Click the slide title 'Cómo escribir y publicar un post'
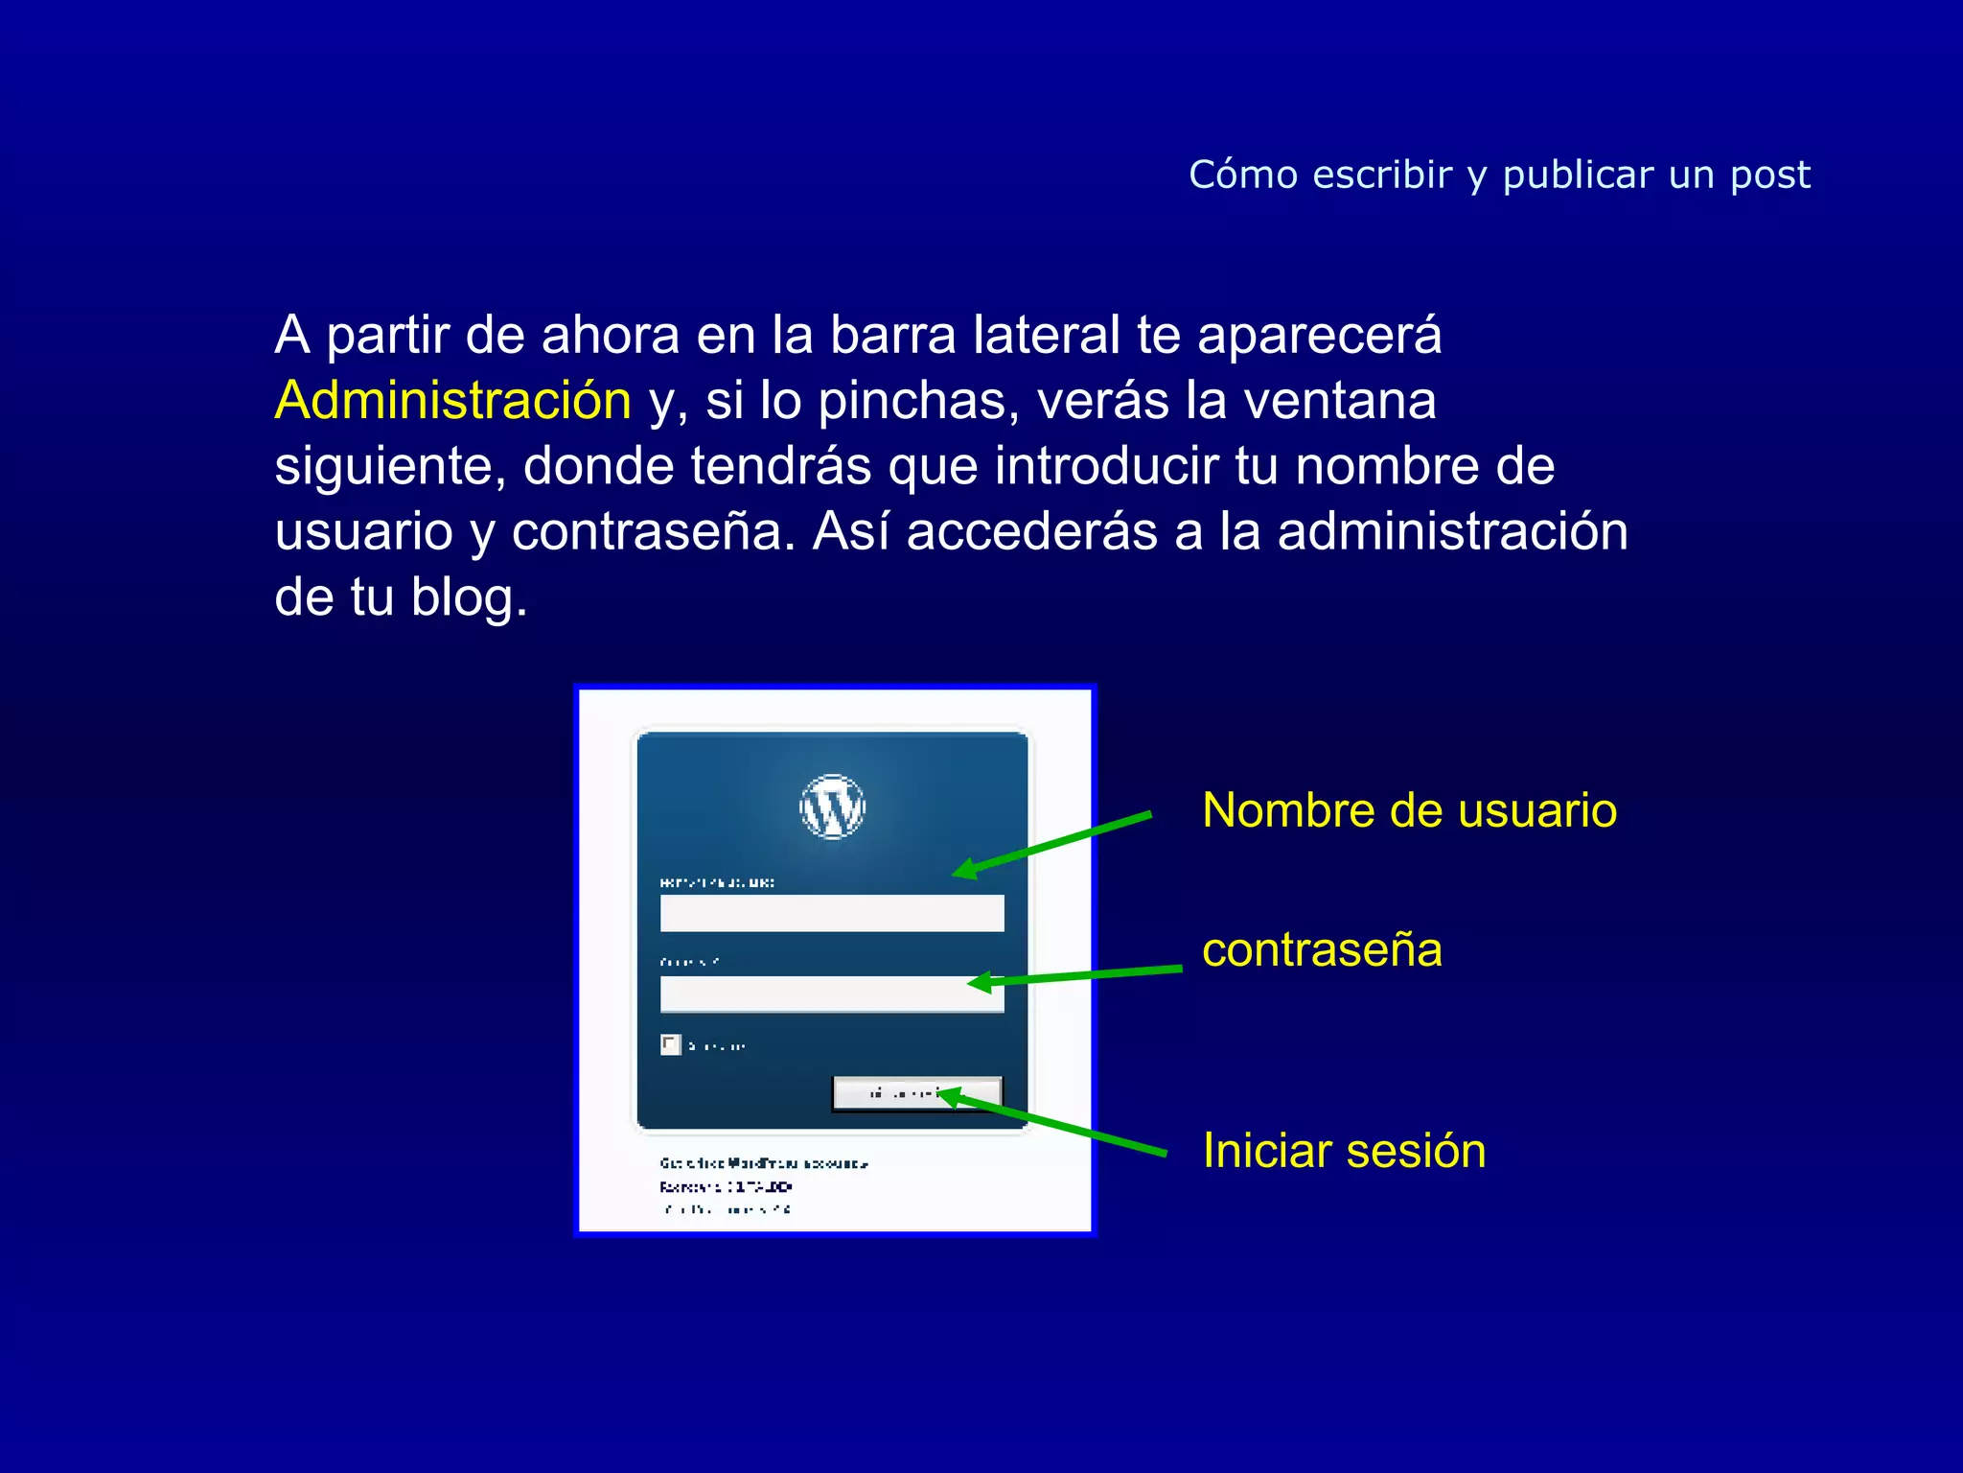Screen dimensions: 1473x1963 (x=1499, y=175)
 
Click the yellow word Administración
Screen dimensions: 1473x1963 (x=452, y=400)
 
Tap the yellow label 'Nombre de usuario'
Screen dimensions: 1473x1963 (x=1409, y=810)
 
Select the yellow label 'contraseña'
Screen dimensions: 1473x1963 (x=1322, y=950)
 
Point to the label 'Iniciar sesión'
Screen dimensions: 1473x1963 (x=1344, y=1150)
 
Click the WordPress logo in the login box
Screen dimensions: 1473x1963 (x=832, y=807)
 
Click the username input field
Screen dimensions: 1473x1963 (x=832, y=913)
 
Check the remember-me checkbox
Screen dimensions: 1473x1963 (x=670, y=1044)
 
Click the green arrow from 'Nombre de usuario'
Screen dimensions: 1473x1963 (x=1054, y=844)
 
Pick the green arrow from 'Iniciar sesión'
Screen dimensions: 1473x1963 (x=1054, y=1124)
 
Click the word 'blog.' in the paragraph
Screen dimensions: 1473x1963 (x=469, y=597)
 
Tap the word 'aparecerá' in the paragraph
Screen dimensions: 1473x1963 (x=1319, y=336)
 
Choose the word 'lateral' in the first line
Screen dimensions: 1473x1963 (x=1046, y=336)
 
